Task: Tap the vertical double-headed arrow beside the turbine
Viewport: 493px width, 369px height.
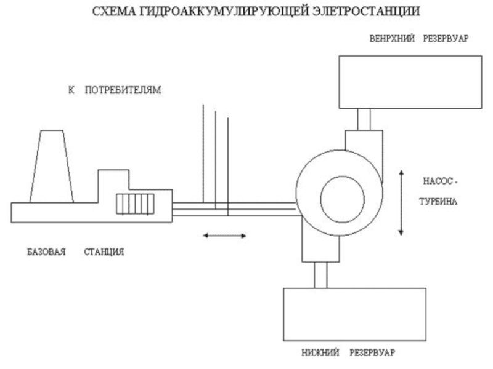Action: (x=401, y=203)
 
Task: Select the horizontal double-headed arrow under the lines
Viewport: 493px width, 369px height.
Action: (x=225, y=235)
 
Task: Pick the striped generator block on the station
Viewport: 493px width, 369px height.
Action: (x=135, y=204)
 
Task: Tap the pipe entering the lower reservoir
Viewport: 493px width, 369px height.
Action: (x=320, y=274)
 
